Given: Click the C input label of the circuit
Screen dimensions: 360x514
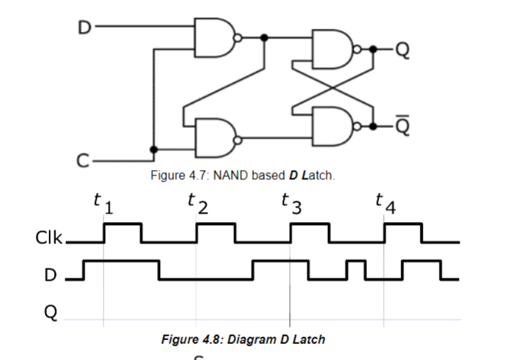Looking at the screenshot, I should tap(85, 160).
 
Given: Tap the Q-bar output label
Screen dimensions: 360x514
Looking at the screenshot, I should tap(403, 124).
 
